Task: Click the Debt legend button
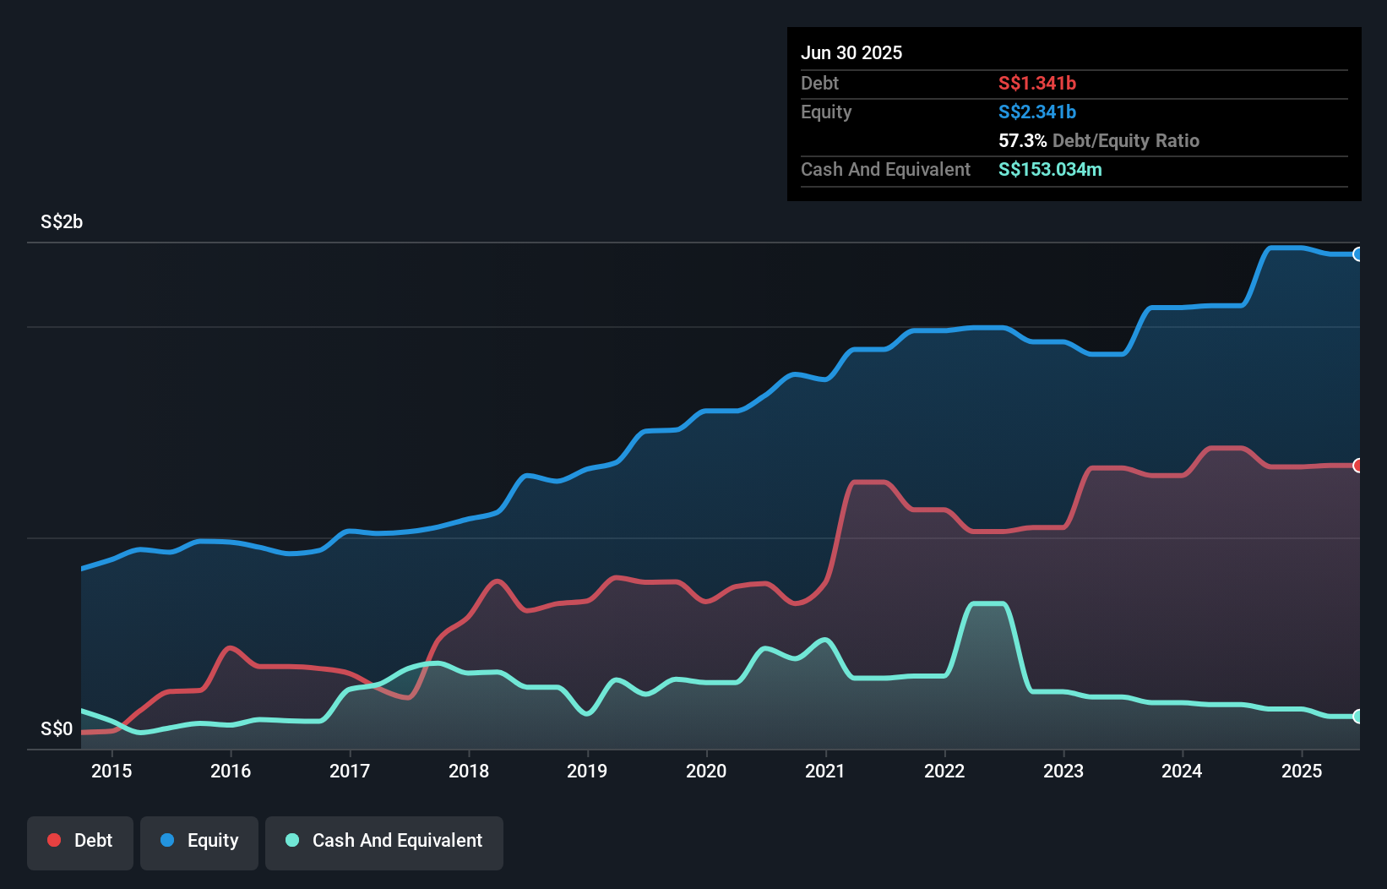click(x=79, y=841)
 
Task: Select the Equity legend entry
click(x=199, y=841)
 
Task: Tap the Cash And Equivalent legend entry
click(x=384, y=841)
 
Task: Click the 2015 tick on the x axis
click(x=112, y=771)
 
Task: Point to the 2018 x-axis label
click(x=469, y=771)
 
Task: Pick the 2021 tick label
click(x=825, y=771)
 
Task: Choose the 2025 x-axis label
click(x=1302, y=771)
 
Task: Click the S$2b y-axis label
click(x=62, y=221)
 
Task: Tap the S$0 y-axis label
click(x=57, y=728)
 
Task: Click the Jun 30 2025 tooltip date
click(x=851, y=52)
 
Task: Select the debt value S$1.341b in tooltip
click(x=1036, y=83)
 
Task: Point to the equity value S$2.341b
click(x=1036, y=112)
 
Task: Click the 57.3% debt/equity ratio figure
click(x=1022, y=140)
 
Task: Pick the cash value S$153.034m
click(x=1050, y=169)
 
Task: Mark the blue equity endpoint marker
click(x=1357, y=254)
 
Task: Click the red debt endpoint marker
click(x=1357, y=466)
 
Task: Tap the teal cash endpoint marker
click(x=1357, y=717)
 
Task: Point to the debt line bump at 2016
click(x=230, y=648)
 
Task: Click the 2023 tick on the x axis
click(x=1063, y=771)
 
